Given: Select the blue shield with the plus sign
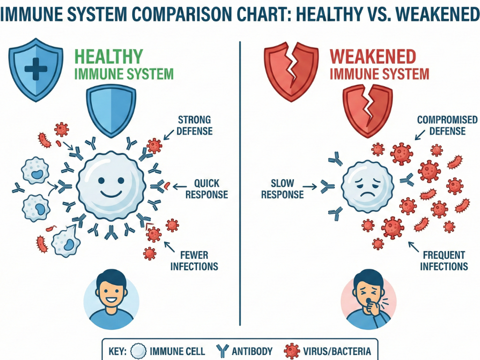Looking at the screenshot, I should tap(36, 69).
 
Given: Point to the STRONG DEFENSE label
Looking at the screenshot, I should tap(194, 125).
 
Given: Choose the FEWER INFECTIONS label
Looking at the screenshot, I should tap(194, 261).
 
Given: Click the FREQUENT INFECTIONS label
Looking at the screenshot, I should tap(443, 261).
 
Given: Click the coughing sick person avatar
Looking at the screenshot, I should tap(368, 296).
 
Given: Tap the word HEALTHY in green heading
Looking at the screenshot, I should tap(109, 57).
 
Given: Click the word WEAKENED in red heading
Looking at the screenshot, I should tap(373, 57).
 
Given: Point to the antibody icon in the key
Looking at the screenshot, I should tap(223, 351).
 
